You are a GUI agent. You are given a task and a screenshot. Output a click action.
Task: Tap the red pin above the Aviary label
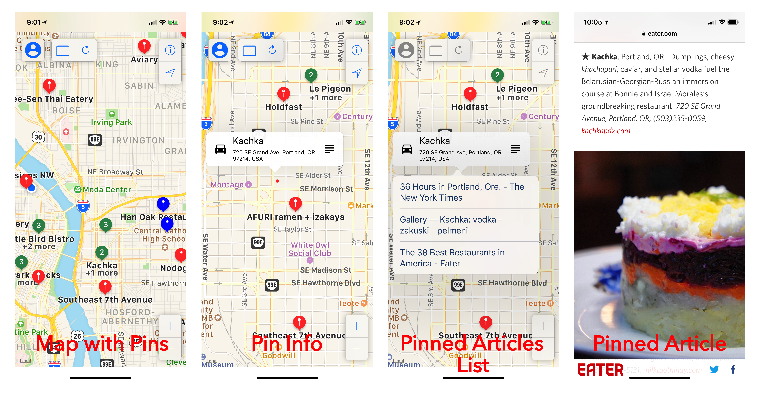click(144, 46)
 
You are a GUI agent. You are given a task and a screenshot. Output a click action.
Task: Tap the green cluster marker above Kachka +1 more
click(102, 252)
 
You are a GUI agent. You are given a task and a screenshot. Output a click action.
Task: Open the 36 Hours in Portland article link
click(462, 192)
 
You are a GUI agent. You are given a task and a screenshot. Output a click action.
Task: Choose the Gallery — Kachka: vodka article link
click(451, 225)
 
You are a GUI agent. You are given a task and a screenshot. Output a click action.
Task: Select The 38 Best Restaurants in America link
click(452, 258)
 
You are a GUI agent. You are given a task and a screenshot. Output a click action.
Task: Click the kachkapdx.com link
click(606, 131)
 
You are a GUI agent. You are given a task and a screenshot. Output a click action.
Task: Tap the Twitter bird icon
click(714, 369)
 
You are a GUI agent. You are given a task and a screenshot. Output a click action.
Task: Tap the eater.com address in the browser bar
click(662, 34)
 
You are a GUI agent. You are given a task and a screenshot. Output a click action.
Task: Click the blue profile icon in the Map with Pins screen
click(33, 50)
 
